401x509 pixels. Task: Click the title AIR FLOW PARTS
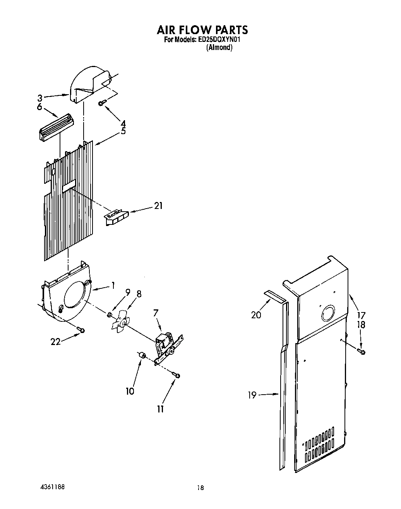click(x=202, y=29)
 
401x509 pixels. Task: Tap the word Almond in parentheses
click(x=219, y=48)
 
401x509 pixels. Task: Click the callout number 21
click(x=158, y=206)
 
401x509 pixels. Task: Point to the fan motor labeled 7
click(x=164, y=343)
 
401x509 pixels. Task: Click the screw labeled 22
click(x=81, y=330)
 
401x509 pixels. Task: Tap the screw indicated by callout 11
click(x=177, y=375)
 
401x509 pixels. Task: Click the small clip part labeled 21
click(x=116, y=217)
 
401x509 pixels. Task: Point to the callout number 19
click(x=252, y=395)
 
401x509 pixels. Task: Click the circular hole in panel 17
click(x=329, y=313)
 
